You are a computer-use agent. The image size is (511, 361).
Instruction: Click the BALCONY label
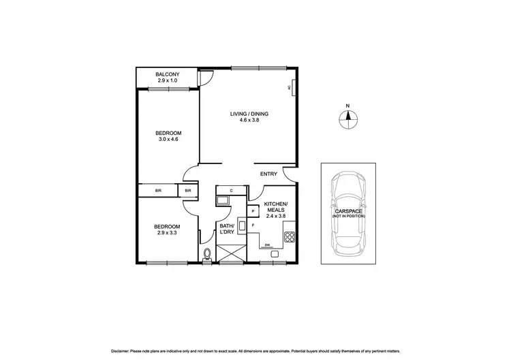pos(167,74)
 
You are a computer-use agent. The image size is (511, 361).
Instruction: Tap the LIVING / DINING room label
pos(249,113)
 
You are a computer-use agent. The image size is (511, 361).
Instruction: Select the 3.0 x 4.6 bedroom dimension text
pos(167,140)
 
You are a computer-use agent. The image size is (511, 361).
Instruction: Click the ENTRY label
pos(268,174)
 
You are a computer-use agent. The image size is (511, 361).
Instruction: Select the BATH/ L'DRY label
pos(226,230)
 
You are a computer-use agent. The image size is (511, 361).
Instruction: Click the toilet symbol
pos(207,255)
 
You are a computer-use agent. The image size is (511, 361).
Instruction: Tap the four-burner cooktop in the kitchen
pos(289,238)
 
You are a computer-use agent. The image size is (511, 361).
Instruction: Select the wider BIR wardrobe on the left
pos(158,191)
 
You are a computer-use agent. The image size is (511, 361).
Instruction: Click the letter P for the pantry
pos(253,211)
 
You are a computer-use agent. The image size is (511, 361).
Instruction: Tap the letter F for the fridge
pos(253,225)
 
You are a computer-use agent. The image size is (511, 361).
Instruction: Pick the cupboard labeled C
pos(232,190)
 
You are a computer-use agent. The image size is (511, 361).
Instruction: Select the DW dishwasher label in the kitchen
pos(268,245)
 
